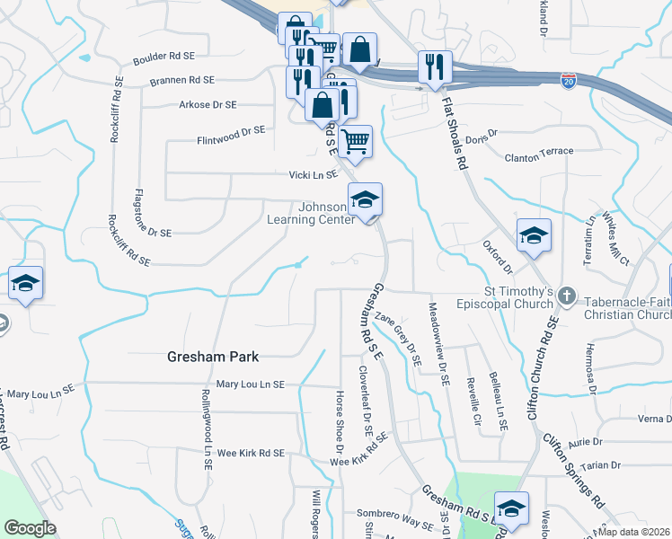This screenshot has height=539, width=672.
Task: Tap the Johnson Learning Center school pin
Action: [366, 200]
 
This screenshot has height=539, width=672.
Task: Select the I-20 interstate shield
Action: [568, 81]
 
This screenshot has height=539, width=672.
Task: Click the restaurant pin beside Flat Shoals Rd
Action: [434, 68]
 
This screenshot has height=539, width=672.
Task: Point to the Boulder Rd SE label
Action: [164, 57]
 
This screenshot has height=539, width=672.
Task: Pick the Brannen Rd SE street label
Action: [182, 80]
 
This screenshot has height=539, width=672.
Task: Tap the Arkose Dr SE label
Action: [208, 104]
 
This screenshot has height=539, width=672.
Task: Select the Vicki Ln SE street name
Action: [312, 174]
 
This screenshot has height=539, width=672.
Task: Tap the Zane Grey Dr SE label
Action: [399, 338]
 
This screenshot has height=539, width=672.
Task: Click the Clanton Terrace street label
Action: [538, 151]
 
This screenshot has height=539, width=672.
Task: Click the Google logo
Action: [30, 528]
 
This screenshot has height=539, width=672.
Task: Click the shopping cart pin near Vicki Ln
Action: [356, 141]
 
